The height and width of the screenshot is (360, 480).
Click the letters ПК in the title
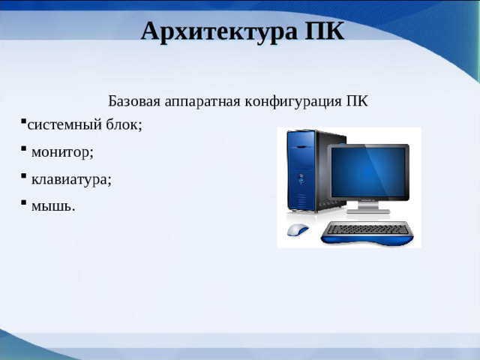325,32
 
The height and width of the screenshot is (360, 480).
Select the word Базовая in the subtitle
132,100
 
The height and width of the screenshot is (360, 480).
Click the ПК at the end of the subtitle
358,100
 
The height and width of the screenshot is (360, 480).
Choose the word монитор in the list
61,152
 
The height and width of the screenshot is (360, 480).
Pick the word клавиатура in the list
70,179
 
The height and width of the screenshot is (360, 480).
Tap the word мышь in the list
52,205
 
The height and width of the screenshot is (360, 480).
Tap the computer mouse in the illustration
298,230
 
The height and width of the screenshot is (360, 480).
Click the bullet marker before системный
23,121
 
